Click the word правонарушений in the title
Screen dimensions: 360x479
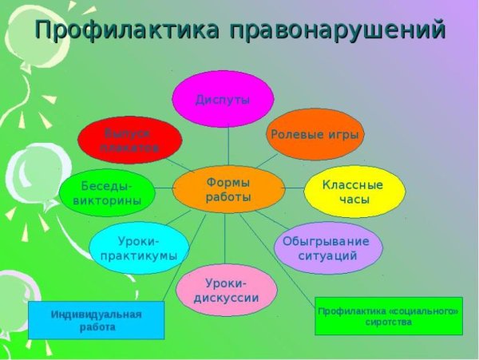pyautogui.click(x=335, y=30)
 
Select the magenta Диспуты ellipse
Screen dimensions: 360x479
pyautogui.click(x=224, y=99)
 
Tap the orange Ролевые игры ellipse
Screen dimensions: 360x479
pyautogui.click(x=315, y=134)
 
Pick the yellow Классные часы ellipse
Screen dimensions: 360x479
pyautogui.click(x=354, y=192)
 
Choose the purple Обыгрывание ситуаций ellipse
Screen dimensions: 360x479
pyautogui.click(x=327, y=248)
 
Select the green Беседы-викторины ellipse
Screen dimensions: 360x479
pyautogui.click(x=107, y=192)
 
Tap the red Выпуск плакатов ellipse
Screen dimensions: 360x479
pyautogui.click(x=129, y=140)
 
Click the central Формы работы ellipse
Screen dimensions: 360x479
pyautogui.click(x=228, y=189)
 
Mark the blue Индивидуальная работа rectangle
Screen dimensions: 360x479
pyautogui.click(x=96, y=320)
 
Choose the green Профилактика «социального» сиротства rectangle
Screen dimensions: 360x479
pyautogui.click(x=388, y=315)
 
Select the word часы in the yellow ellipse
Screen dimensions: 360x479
pyautogui.click(x=353, y=200)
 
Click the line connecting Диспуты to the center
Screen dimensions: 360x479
pyautogui.click(x=228, y=146)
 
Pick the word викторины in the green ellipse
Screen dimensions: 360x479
pyautogui.click(x=107, y=200)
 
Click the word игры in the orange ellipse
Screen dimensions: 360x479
pyautogui.click(x=343, y=134)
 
